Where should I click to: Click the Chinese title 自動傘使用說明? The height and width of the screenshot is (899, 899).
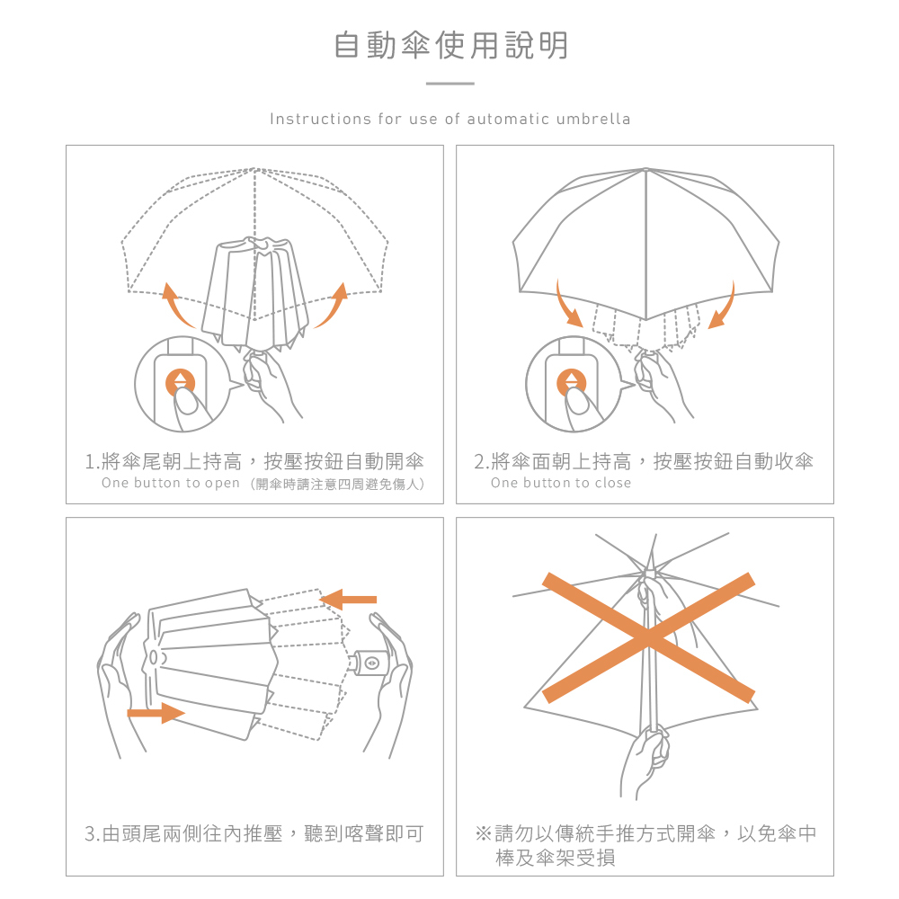pyautogui.click(x=450, y=45)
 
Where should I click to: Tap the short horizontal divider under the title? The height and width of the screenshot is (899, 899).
pyautogui.click(x=449, y=84)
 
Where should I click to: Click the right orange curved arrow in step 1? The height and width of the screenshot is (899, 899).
pyautogui.click(x=330, y=306)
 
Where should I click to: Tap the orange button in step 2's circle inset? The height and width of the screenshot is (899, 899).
pyautogui.click(x=572, y=382)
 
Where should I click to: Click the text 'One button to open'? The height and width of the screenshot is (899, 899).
pyautogui.click(x=171, y=484)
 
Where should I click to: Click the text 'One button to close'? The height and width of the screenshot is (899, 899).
pyautogui.click(x=561, y=484)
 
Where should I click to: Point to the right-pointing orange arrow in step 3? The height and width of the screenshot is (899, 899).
pyautogui.click(x=156, y=713)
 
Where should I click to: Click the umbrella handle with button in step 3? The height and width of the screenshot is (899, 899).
pyautogui.click(x=369, y=663)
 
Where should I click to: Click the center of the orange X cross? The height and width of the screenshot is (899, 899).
pyautogui.click(x=648, y=637)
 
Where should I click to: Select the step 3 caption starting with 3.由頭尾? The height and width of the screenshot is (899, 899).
pyautogui.click(x=254, y=833)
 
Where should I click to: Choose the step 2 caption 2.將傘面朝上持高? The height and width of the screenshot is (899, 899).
pyautogui.click(x=644, y=462)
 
